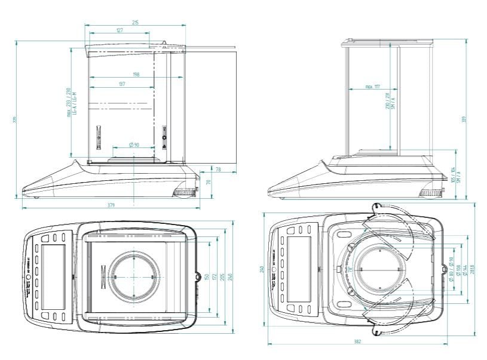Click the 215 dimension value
[x=135, y=23]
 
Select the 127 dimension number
[x=120, y=30]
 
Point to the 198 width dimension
[x=137, y=75]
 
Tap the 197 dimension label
[x=122, y=85]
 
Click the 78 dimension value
[x=218, y=170]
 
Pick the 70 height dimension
[x=209, y=183]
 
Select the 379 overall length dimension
[x=111, y=205]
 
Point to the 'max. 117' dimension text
[x=373, y=87]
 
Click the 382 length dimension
[x=357, y=341]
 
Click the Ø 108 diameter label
[x=458, y=273]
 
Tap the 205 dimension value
[x=222, y=277]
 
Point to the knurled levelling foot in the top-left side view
[x=184, y=192]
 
